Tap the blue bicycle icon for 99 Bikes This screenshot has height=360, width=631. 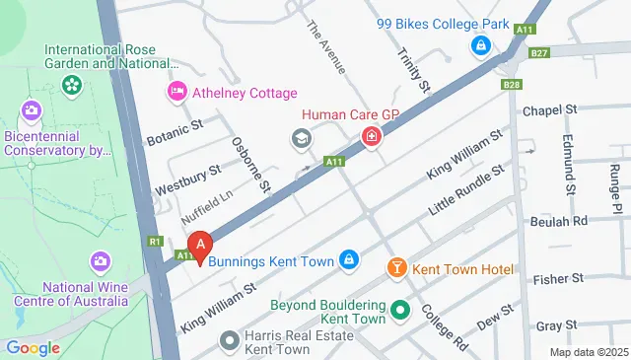[480, 45]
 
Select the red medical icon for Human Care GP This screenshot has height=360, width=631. [372, 137]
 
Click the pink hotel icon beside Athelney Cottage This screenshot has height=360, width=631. [176, 93]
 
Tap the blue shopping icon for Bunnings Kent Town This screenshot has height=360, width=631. [348, 260]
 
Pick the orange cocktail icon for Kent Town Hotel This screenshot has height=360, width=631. [396, 268]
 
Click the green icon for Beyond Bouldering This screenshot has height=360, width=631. [399, 311]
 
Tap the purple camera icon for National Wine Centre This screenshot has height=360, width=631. [100, 262]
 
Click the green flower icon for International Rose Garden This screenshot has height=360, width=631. [71, 86]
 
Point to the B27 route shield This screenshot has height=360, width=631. [538, 53]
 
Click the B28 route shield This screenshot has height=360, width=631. [511, 85]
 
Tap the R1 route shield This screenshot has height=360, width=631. [156, 240]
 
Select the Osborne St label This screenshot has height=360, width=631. [250, 164]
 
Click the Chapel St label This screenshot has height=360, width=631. [549, 110]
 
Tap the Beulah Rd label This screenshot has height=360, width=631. [565, 221]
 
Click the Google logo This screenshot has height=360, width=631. [34, 347]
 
